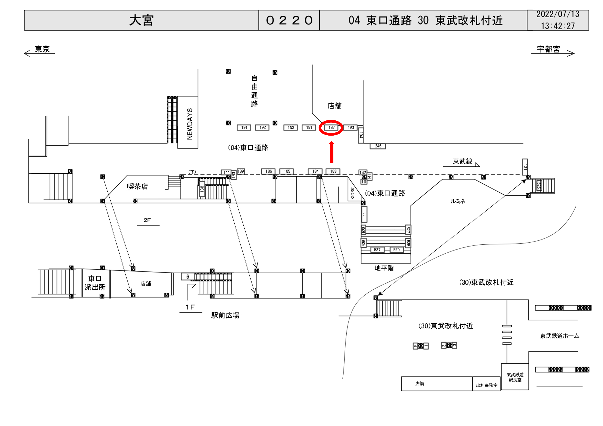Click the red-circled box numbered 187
pos(331,127)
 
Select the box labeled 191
pos(244,127)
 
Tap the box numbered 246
pos(378,146)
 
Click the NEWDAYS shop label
pos(190,124)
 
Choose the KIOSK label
pos(352,193)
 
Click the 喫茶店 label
pos(137,186)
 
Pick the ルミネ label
pos(458,201)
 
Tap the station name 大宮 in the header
pos(141,20)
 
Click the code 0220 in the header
pos(289,20)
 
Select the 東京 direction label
pos(42,49)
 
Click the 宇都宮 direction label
pos(548,49)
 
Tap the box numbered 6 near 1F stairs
pos(188,276)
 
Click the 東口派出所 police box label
pos(95,283)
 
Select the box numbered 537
pos(377,250)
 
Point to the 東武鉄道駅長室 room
pos(515,377)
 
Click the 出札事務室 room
pos(486,385)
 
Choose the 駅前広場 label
pos(225,315)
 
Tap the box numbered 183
pos(333,171)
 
